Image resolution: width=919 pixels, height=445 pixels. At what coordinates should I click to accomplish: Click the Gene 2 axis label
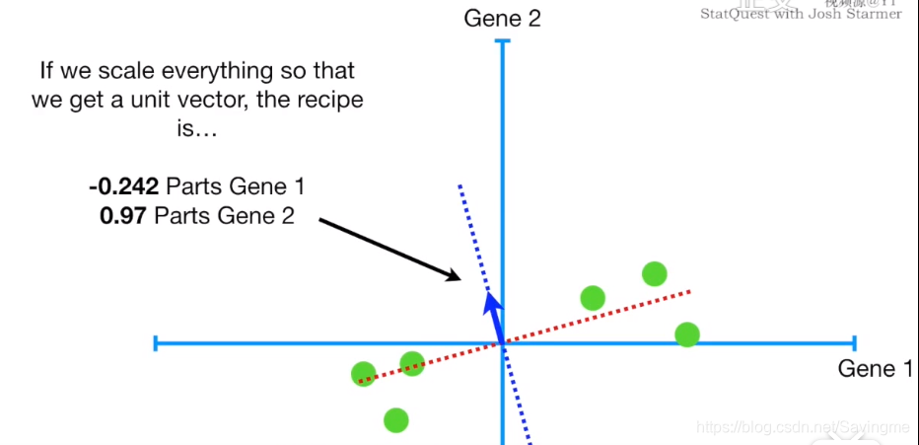[503, 18]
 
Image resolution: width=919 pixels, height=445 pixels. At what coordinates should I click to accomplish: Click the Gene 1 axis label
[868, 369]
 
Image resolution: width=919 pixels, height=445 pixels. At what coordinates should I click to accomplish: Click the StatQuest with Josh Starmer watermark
[801, 14]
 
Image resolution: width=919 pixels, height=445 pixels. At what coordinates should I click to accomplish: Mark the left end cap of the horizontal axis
[156, 343]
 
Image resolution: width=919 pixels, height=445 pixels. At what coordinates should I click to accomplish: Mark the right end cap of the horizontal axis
[853, 343]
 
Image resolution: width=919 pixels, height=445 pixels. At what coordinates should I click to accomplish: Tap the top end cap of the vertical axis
[503, 41]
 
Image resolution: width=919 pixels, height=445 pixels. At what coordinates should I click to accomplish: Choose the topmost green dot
[654, 273]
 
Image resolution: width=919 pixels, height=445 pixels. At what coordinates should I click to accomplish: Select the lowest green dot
[395, 420]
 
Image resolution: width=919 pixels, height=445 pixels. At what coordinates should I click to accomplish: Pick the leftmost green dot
[364, 374]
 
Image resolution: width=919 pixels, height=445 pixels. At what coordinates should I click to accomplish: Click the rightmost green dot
[687, 334]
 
